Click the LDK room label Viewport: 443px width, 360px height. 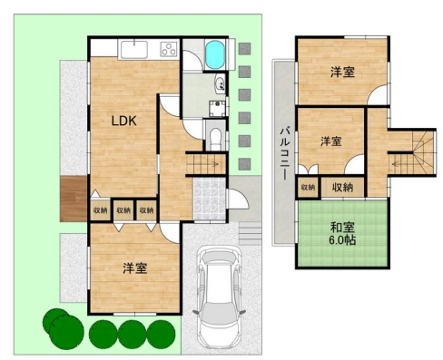point(124,121)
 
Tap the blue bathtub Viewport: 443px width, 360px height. point(215,54)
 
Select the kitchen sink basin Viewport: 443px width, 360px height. point(134,49)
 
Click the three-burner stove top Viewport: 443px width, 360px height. point(169,49)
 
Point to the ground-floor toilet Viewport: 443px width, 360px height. point(215,139)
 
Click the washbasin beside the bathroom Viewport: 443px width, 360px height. point(220,83)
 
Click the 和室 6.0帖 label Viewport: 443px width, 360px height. point(342,234)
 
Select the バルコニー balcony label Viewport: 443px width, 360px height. point(284,153)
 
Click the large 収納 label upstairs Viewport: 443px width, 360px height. point(343,187)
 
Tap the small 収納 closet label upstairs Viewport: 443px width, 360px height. point(308,187)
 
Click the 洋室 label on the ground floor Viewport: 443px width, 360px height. point(135,268)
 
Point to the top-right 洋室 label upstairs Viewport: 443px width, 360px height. point(342,72)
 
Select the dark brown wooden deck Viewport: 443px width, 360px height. point(74,199)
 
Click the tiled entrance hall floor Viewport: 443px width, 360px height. point(210,199)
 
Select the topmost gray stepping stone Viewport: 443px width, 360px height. point(244,49)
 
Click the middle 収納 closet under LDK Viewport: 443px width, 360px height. point(123,210)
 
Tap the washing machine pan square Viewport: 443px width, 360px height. point(217,108)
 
